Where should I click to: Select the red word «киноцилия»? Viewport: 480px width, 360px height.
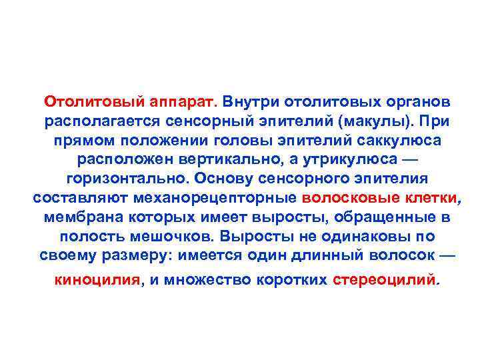[97, 280]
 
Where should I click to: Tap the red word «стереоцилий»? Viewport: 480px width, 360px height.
[383, 280]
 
